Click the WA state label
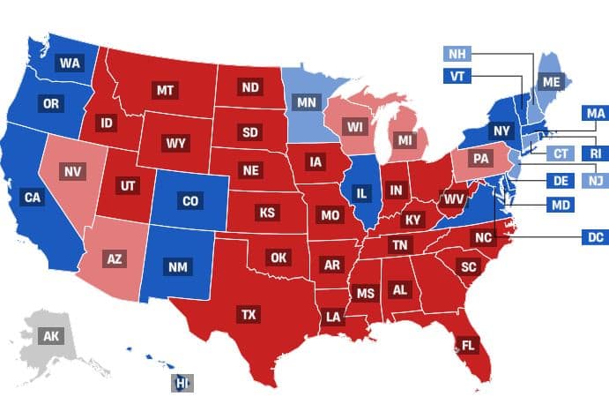(70, 63)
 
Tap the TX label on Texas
(249, 313)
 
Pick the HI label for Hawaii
(182, 384)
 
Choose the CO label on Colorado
(190, 200)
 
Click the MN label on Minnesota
(306, 102)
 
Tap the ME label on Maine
(551, 82)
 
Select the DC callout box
(595, 236)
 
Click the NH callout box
(456, 53)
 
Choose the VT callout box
(457, 76)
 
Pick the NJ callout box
(594, 181)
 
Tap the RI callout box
(594, 153)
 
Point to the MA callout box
(594, 113)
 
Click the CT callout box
(561, 153)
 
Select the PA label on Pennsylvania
(480, 160)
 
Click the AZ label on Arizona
(114, 259)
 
